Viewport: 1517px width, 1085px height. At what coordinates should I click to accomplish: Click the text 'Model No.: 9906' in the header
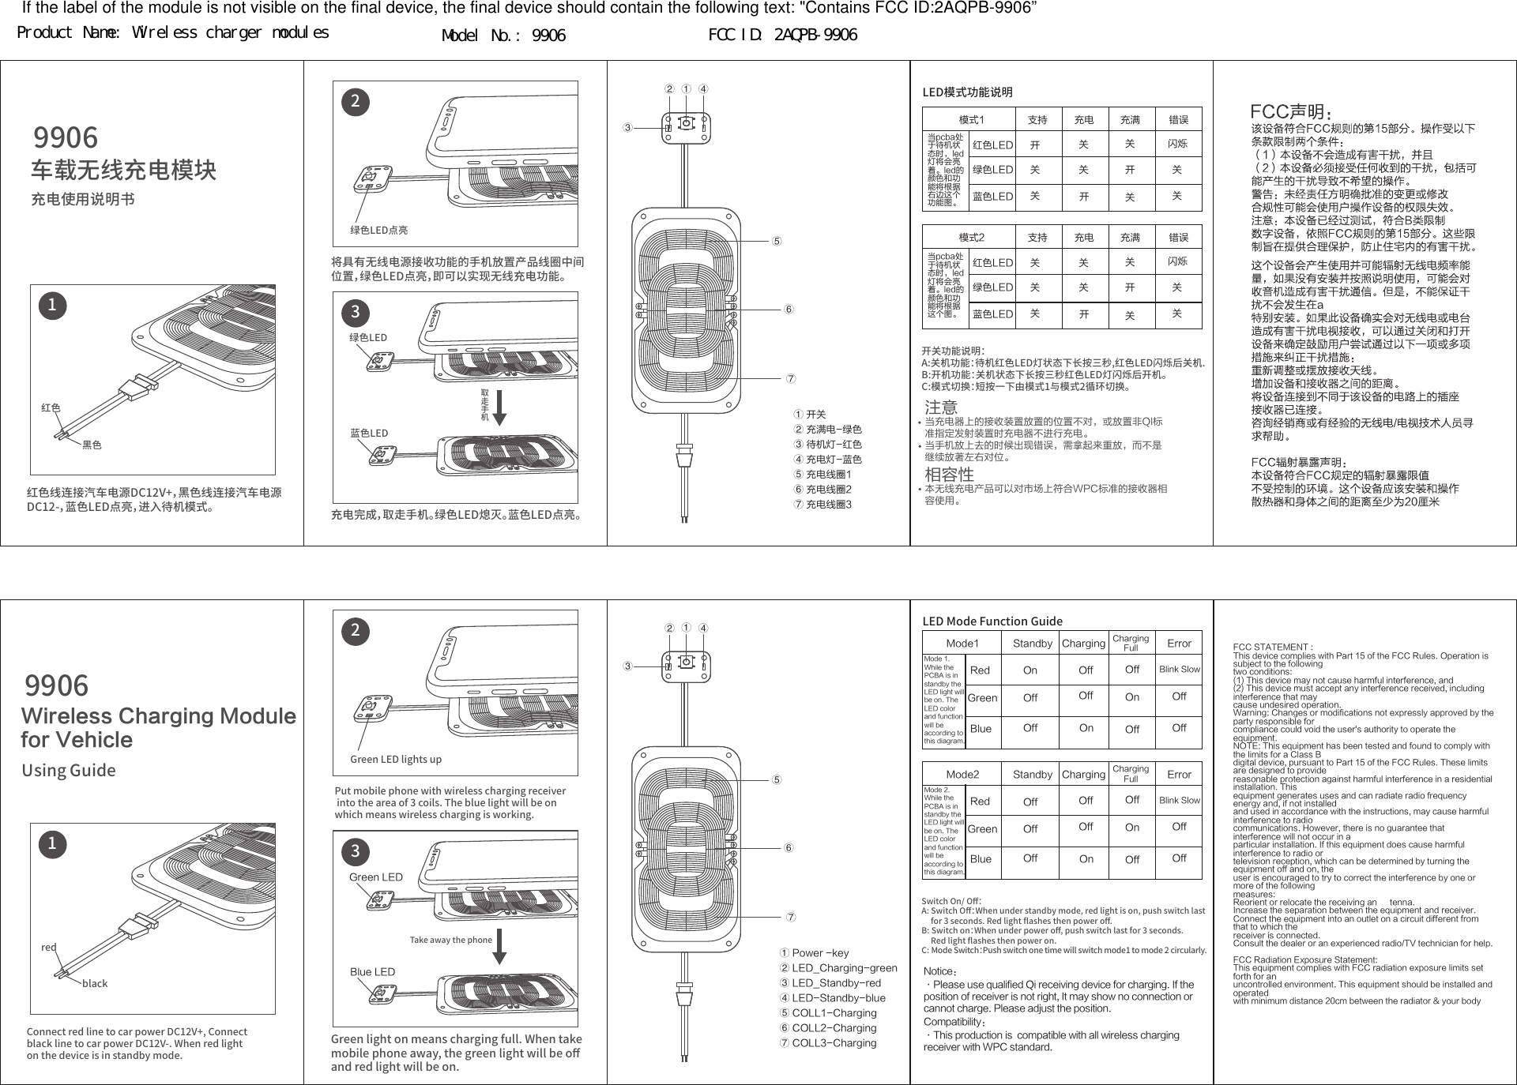(503, 36)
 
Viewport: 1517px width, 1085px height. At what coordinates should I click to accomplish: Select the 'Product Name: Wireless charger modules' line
(173, 33)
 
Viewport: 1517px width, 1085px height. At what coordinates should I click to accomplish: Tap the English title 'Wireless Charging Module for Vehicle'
(158, 727)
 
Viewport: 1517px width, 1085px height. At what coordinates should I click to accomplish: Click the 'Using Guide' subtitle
(69, 770)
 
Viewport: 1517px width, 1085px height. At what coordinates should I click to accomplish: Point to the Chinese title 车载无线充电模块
(123, 170)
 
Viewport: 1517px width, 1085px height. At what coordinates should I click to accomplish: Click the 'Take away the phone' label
(450, 940)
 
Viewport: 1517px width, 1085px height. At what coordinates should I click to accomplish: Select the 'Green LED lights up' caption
(396, 759)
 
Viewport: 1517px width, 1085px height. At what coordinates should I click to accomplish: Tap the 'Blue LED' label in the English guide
(372, 972)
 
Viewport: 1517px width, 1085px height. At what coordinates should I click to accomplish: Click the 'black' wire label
(95, 983)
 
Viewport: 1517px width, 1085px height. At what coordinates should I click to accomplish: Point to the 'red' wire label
(49, 947)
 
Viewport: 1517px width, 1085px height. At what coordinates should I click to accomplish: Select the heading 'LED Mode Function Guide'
(992, 621)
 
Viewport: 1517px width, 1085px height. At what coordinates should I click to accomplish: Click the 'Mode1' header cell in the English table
(962, 644)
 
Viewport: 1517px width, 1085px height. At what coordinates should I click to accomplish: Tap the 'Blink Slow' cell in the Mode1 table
(1179, 670)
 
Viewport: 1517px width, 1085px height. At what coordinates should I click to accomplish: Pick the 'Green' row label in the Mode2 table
(982, 829)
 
